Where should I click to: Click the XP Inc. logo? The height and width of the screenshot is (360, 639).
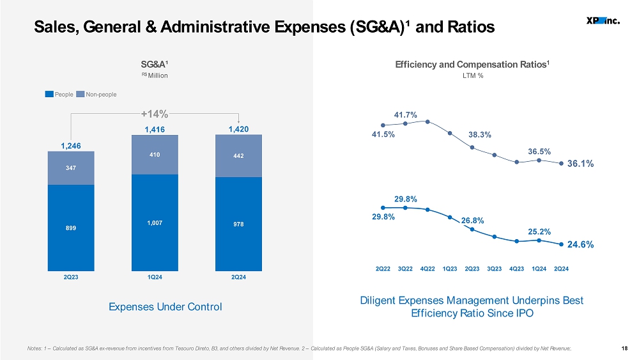click(603, 20)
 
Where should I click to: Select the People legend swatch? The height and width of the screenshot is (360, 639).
click(49, 94)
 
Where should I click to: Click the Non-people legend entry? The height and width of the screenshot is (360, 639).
click(96, 94)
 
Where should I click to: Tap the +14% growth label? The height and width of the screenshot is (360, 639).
click(155, 113)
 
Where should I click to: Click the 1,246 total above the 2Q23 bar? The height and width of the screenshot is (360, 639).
click(71, 146)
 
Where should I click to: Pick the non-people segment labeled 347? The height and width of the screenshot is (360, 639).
click(71, 168)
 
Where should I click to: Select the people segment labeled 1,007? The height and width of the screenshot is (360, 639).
click(155, 223)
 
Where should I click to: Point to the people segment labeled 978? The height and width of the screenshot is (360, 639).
click(238, 224)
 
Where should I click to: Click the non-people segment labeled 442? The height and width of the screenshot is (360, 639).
click(238, 156)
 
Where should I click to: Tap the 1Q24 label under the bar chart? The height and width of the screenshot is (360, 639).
click(155, 278)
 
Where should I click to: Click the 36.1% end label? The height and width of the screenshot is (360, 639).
click(580, 164)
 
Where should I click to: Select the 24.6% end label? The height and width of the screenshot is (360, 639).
click(580, 244)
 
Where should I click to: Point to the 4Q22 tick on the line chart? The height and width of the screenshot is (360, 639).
click(427, 269)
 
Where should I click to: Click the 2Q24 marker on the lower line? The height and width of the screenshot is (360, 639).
click(561, 244)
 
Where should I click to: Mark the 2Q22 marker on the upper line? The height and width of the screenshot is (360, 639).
click(383, 125)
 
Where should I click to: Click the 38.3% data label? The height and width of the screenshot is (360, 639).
click(480, 134)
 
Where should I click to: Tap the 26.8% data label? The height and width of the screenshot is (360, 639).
click(473, 221)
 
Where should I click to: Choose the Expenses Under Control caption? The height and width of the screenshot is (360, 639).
click(165, 306)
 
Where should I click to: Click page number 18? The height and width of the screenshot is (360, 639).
click(624, 348)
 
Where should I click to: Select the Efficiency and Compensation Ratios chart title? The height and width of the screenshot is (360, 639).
click(472, 65)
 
